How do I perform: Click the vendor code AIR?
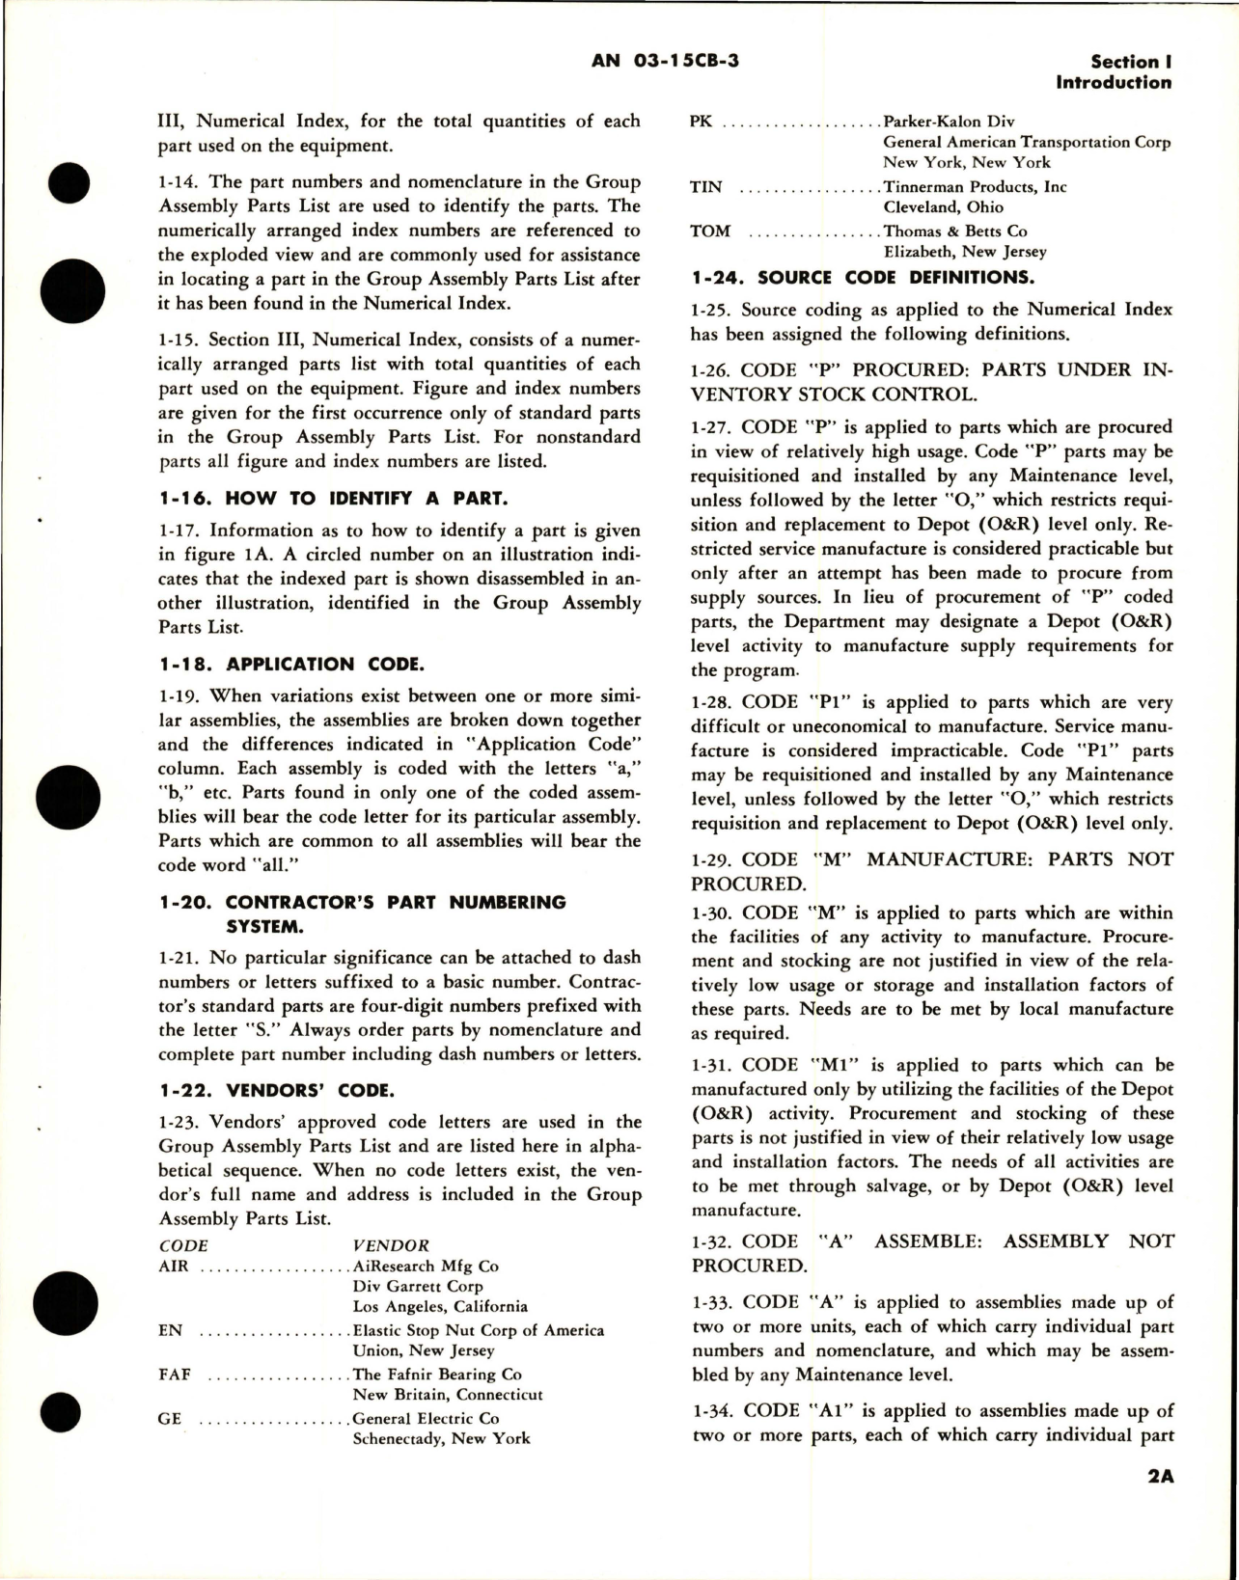174,1266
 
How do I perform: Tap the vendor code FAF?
175,1374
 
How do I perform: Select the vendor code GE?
169,1418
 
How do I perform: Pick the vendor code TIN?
706,187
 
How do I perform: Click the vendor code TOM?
710,232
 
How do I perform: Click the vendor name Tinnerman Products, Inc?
975,187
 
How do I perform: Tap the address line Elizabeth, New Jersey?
965,252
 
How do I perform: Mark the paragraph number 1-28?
714,702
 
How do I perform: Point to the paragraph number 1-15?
179,340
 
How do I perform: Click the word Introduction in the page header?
1114,82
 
